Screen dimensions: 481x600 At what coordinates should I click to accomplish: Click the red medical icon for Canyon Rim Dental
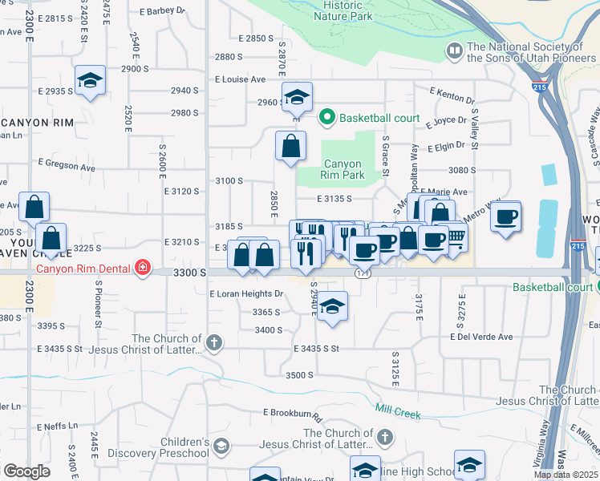pos(143,267)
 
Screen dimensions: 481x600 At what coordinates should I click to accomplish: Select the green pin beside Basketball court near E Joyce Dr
pos(326,118)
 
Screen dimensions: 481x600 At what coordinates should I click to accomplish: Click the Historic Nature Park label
pos(343,10)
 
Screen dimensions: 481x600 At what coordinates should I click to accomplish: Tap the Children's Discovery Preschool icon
pos(220,446)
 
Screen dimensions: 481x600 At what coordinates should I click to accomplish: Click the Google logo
pos(26,471)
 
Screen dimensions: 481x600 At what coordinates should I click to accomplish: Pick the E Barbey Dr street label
pos(161,11)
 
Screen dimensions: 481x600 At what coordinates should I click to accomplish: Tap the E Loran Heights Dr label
pos(246,294)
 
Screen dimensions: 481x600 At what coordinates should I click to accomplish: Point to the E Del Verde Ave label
pos(480,337)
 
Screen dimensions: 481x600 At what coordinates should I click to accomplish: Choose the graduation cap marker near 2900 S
pos(91,80)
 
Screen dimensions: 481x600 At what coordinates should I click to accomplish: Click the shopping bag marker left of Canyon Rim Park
pos(290,146)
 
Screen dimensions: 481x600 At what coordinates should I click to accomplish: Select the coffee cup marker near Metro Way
pos(505,216)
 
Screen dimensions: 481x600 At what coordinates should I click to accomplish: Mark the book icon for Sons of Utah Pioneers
pos(455,52)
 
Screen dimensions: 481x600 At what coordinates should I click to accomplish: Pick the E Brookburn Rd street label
pos(292,415)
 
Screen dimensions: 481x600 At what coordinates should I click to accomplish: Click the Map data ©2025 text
pos(566,475)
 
